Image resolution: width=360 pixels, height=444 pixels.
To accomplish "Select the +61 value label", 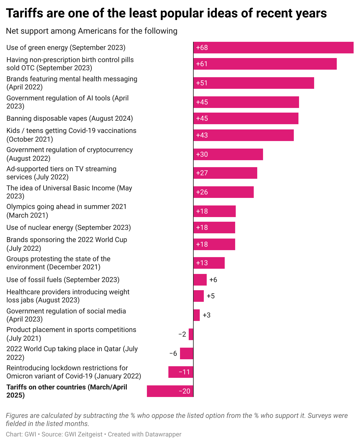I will pyautogui.click(x=202, y=64).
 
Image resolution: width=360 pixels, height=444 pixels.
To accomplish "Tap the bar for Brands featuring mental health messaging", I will pyautogui.click(x=254, y=83).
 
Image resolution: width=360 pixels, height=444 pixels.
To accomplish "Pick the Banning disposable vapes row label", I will pyautogui.click(x=70, y=118).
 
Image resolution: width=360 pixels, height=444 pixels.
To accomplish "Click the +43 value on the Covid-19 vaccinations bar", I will pyautogui.click(x=202, y=135).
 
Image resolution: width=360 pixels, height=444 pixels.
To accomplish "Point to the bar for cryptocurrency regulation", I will pyautogui.click(x=228, y=154).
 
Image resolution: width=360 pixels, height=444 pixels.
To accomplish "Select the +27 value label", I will pyautogui.click(x=202, y=173).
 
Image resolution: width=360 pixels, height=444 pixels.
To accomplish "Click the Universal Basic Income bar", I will pyautogui.click(x=224, y=192).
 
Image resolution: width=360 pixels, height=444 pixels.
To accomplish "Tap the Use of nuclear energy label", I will pyautogui.click(x=69, y=228).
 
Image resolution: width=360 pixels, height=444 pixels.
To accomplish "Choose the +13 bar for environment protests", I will pyautogui.click(x=209, y=263).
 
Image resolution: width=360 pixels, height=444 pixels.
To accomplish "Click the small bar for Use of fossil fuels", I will pyautogui.click(x=200, y=280).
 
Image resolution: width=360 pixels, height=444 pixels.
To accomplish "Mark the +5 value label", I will pyautogui.click(x=211, y=296).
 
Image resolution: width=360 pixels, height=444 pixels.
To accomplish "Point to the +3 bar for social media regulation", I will pyautogui.click(x=197, y=315).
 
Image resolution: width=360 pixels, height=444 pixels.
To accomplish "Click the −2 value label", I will pyautogui.click(x=182, y=334).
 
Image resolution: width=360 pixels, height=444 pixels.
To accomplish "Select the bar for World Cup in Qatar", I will pyautogui.click(x=187, y=353).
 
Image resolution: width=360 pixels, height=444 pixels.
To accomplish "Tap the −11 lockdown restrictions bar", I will pyautogui.click(x=181, y=372).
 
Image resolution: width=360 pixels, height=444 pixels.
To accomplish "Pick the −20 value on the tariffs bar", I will pyautogui.click(x=184, y=391).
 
